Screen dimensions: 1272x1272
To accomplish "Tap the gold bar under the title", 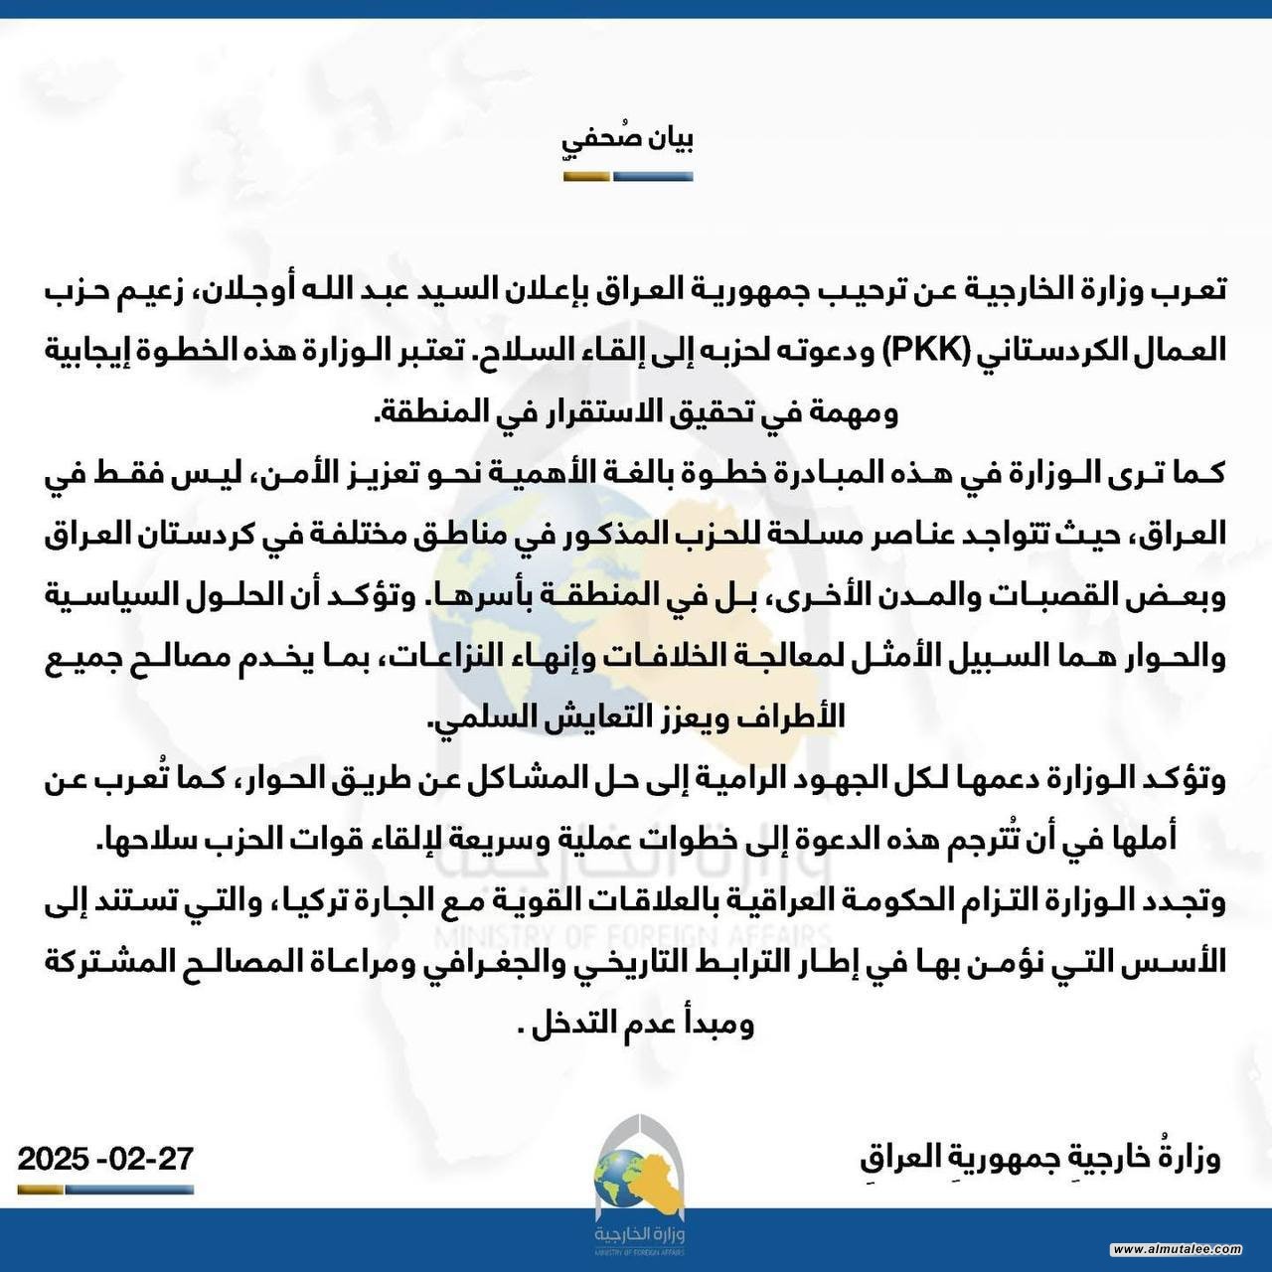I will [586, 177].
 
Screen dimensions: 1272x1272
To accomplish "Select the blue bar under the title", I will [653, 177].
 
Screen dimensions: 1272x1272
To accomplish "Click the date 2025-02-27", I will [105, 1159].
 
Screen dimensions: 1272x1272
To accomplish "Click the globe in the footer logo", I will [621, 1177].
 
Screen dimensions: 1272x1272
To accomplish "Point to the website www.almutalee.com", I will [1177, 1249].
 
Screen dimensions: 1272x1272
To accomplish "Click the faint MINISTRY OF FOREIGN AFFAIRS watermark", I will [633, 937].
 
